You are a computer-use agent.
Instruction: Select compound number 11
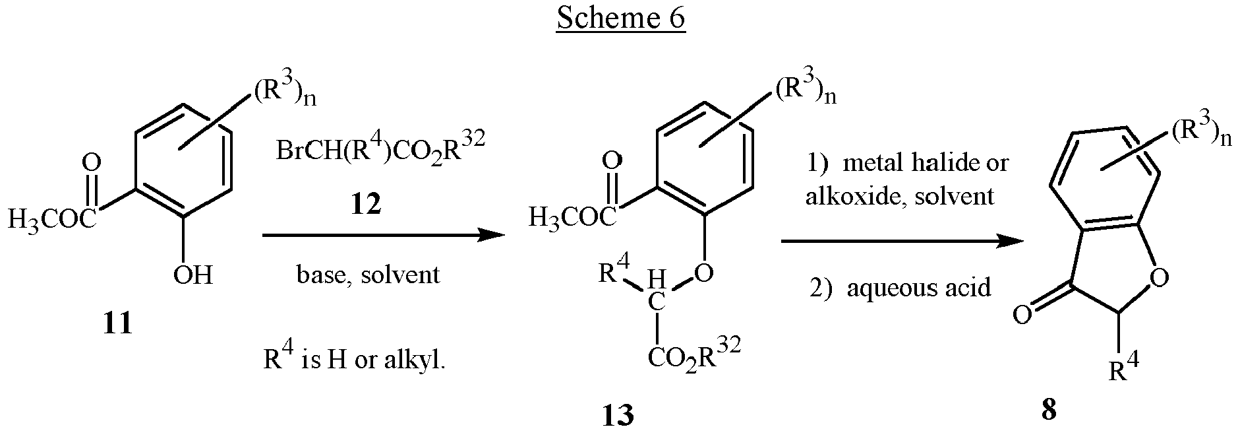(118, 323)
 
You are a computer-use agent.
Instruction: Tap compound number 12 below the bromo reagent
(366, 205)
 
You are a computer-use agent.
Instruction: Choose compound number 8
(1049, 410)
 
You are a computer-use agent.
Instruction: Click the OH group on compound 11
(193, 274)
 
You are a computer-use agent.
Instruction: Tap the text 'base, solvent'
(368, 274)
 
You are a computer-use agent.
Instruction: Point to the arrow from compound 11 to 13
(379, 234)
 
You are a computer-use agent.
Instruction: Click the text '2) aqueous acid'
(900, 288)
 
